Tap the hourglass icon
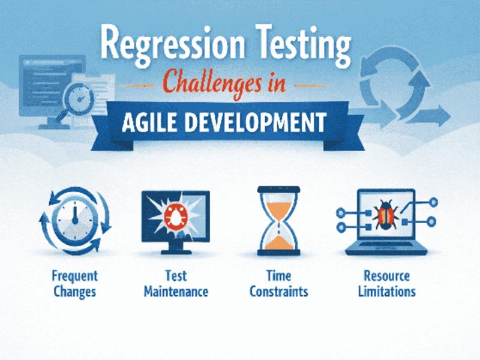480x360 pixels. click(278, 220)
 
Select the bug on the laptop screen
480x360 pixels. click(385, 214)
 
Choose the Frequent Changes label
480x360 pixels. click(74, 284)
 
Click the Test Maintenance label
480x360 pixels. click(176, 284)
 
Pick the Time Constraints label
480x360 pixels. click(278, 284)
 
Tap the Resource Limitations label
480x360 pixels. click(386, 284)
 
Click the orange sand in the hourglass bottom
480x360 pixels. click(278, 241)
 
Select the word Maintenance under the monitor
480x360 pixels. click(176, 292)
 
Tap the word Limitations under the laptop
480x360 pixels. click(386, 292)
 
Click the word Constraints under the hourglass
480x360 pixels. click(278, 292)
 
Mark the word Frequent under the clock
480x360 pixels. click(74, 277)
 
